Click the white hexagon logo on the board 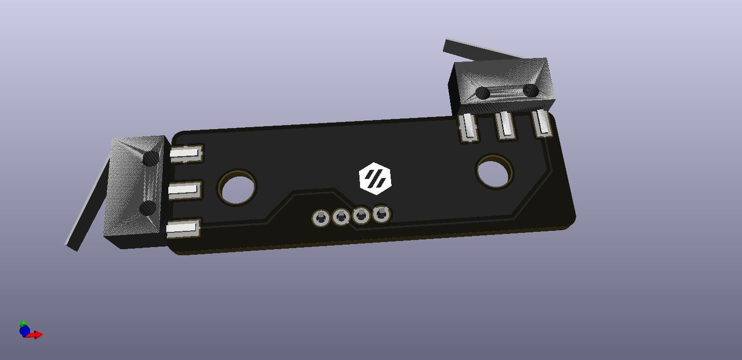click(375, 178)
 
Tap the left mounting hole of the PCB click(237, 187)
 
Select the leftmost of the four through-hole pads click(321, 219)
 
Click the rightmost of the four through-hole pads click(381, 214)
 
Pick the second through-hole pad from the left click(341, 218)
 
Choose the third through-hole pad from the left click(361, 216)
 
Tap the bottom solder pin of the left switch click(182, 228)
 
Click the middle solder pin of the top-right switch click(505, 125)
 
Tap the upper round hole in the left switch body click(151, 159)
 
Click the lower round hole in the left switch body click(148, 207)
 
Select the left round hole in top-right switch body click(482, 93)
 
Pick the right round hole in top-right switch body click(530, 91)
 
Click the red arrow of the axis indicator click(37, 335)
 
